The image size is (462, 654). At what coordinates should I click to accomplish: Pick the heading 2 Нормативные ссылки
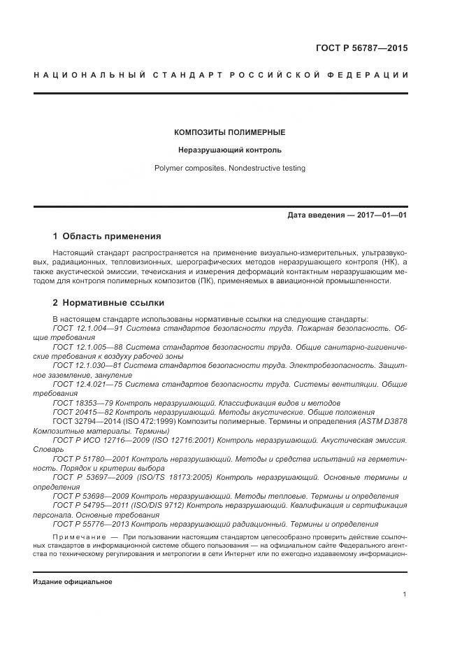click(x=108, y=303)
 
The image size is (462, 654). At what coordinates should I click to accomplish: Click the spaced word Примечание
click(x=78, y=535)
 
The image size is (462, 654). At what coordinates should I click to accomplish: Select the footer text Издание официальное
click(x=72, y=582)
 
